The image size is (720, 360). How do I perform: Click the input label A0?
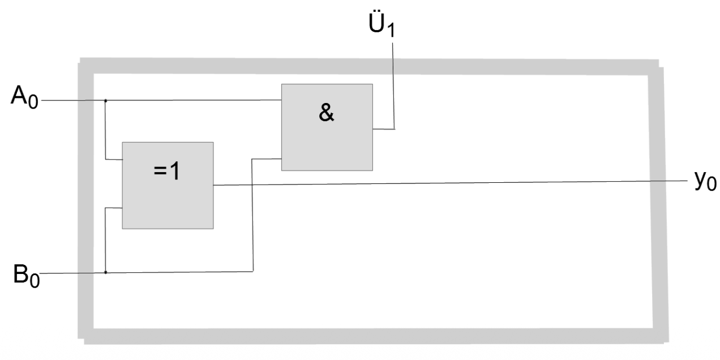point(24,98)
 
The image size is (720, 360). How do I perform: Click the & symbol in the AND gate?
point(327,114)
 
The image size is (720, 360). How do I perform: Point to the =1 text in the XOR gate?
point(168,172)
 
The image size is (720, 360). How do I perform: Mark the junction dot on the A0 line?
point(106,101)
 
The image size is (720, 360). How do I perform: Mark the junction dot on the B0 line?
point(106,272)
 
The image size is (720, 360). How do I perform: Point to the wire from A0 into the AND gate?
point(192,100)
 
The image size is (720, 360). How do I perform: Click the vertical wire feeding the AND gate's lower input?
point(252,215)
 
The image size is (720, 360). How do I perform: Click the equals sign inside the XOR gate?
point(161,172)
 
